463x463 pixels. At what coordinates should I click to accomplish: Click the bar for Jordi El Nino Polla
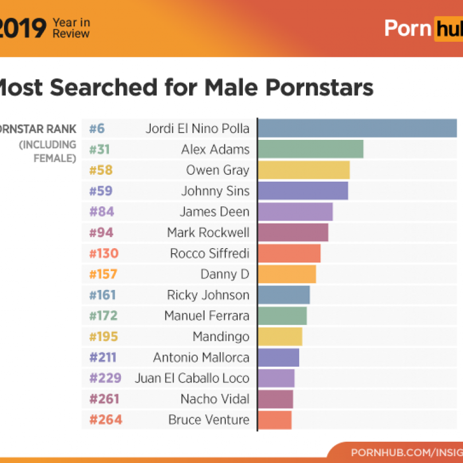358,128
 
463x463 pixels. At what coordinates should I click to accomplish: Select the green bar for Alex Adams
311,149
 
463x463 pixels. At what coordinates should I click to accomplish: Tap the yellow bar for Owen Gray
304,170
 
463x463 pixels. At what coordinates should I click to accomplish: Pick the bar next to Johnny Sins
303,191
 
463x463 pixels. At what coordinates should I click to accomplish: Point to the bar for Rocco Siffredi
289,253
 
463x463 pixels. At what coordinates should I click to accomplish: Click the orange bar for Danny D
287,274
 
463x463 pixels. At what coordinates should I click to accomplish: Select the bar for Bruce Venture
274,419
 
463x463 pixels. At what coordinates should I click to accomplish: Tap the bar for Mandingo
280,336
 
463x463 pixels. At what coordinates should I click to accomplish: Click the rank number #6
97,128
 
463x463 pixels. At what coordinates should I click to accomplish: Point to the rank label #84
101,211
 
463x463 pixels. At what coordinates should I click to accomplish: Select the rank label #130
104,253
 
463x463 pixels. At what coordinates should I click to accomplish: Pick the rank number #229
105,378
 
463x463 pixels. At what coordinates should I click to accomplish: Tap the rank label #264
105,419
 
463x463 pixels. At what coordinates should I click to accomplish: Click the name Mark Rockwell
208,233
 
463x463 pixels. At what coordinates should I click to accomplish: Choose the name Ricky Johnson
208,295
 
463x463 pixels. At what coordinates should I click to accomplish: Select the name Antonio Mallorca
201,358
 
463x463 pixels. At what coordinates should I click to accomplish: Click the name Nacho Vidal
215,399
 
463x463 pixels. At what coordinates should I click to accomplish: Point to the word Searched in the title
103,88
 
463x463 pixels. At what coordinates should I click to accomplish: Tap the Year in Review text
71,28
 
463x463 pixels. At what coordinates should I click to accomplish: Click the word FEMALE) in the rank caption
54,159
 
